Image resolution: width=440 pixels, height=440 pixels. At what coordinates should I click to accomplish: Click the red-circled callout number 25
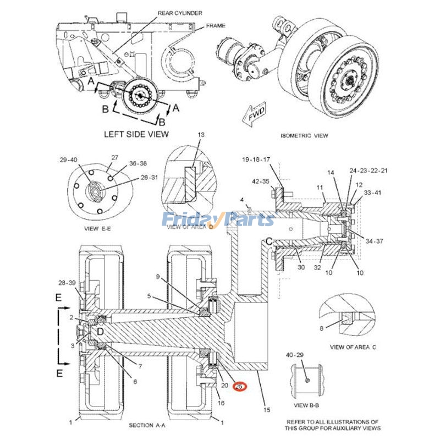click(x=239, y=387)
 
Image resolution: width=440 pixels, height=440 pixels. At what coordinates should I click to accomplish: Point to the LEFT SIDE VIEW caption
click(x=136, y=134)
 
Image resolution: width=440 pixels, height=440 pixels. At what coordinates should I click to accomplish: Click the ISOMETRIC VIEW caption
click(x=304, y=136)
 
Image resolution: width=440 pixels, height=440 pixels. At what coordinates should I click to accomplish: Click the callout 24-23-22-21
click(x=369, y=171)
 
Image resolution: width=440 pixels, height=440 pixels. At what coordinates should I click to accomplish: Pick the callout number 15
click(x=267, y=410)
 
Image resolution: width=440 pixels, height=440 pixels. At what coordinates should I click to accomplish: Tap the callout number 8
click(x=322, y=328)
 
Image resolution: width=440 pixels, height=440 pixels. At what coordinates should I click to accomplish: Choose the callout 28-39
click(x=67, y=283)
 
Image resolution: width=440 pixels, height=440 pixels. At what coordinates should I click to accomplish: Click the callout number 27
click(x=114, y=157)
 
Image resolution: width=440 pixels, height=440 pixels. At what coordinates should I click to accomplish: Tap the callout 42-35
click(x=261, y=181)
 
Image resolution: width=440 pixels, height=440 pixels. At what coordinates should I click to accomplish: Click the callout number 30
click(x=301, y=267)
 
